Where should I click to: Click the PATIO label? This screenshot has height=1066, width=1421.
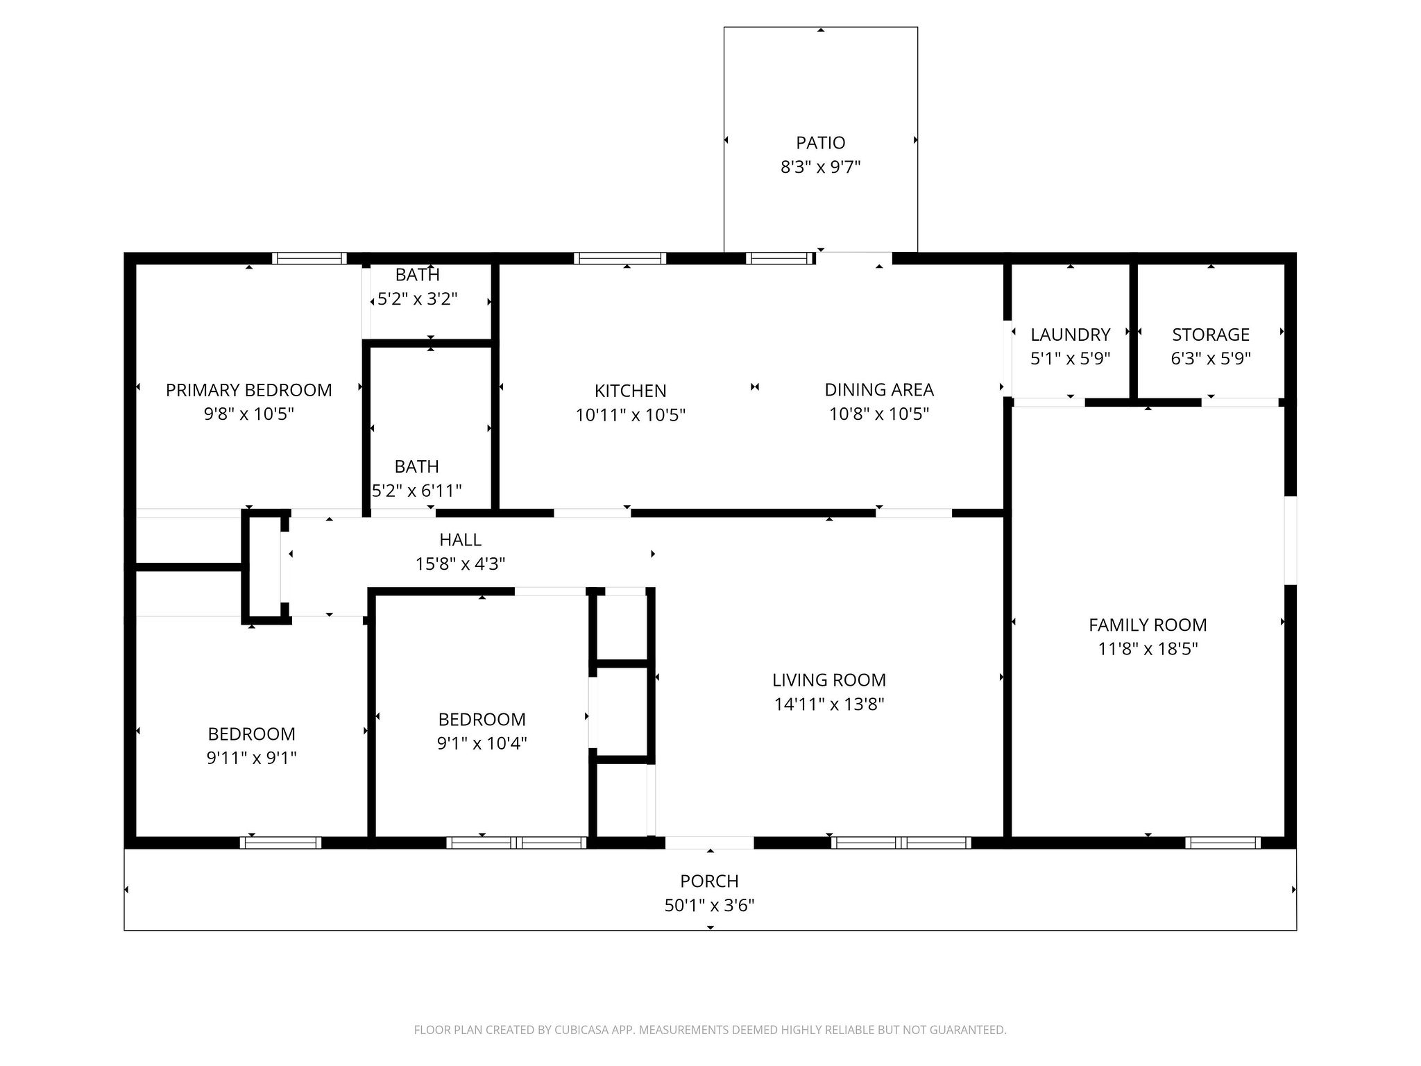[x=820, y=143]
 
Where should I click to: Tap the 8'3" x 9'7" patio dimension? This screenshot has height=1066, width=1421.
[x=820, y=167]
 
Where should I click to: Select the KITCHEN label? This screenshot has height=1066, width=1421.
[x=630, y=391]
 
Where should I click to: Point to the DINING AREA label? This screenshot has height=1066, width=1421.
[x=878, y=390]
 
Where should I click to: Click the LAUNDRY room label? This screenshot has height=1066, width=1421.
[x=1070, y=335]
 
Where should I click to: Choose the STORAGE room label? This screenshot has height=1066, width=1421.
[x=1210, y=335]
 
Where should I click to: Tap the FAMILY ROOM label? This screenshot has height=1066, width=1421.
[x=1147, y=625]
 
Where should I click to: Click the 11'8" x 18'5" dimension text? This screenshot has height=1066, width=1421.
[x=1147, y=649]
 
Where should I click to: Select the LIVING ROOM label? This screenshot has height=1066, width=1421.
[x=828, y=680]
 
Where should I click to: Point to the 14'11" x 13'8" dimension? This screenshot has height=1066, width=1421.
[x=828, y=704]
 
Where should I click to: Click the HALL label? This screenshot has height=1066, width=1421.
[x=459, y=539]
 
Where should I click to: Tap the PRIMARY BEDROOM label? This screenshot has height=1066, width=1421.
[x=248, y=390]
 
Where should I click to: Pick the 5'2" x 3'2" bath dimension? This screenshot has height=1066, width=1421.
[x=417, y=299]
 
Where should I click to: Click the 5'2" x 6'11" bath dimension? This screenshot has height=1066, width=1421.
[x=416, y=491]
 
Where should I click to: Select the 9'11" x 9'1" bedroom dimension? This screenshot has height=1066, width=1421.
[x=251, y=758]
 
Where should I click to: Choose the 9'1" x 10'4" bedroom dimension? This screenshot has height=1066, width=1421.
[x=482, y=743]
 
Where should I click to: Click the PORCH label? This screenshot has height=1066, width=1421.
[x=709, y=881]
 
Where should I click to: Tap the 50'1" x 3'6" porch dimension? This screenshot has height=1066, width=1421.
[x=709, y=905]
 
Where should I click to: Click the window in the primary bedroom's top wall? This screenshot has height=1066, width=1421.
[x=309, y=259]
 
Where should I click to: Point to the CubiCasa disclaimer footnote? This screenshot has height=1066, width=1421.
[x=709, y=1030]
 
